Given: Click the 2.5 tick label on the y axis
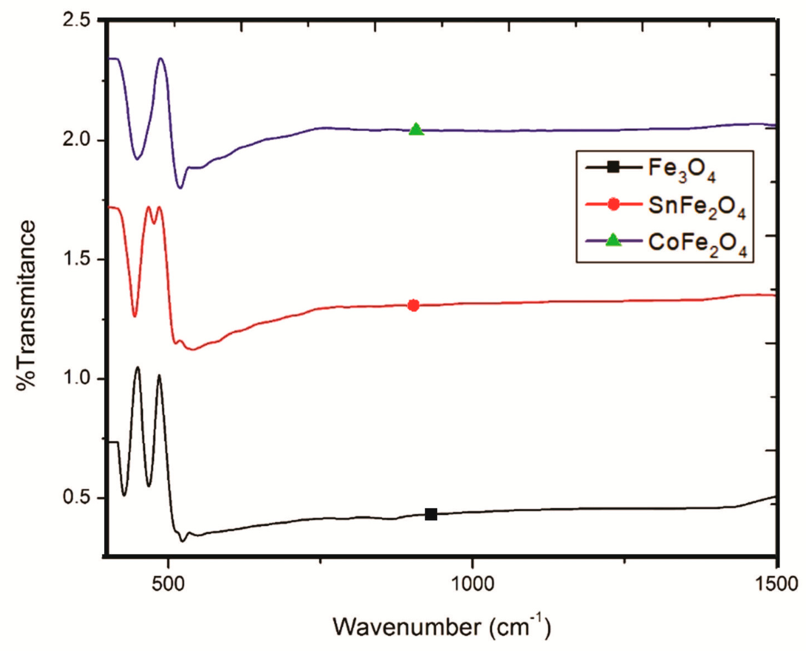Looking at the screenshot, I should [x=77, y=21].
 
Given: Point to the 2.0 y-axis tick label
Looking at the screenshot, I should [x=77, y=140].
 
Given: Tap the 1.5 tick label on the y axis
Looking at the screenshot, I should [x=77, y=260].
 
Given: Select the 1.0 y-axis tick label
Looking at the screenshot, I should [x=77, y=379].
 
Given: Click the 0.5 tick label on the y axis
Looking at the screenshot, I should [x=77, y=498].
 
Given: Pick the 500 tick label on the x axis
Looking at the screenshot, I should [x=168, y=585].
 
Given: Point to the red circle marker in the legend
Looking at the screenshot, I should [x=614, y=204].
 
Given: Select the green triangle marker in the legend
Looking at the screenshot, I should [x=614, y=241].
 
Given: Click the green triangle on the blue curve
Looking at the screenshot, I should [x=416, y=130].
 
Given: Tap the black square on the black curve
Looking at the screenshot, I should [x=431, y=515].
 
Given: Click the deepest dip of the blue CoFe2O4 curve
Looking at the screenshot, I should [x=180, y=188].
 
